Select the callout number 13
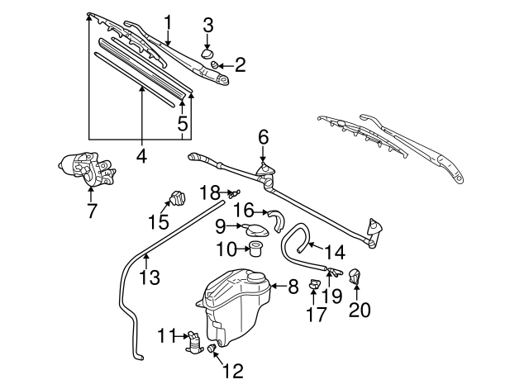[149, 278]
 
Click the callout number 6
[263, 136]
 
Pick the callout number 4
[141, 154]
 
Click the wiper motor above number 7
[85, 168]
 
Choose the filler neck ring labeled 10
[255, 248]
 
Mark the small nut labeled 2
[214, 64]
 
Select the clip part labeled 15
[176, 199]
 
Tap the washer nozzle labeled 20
[356, 277]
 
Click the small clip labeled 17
[315, 286]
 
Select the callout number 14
[333, 251]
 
